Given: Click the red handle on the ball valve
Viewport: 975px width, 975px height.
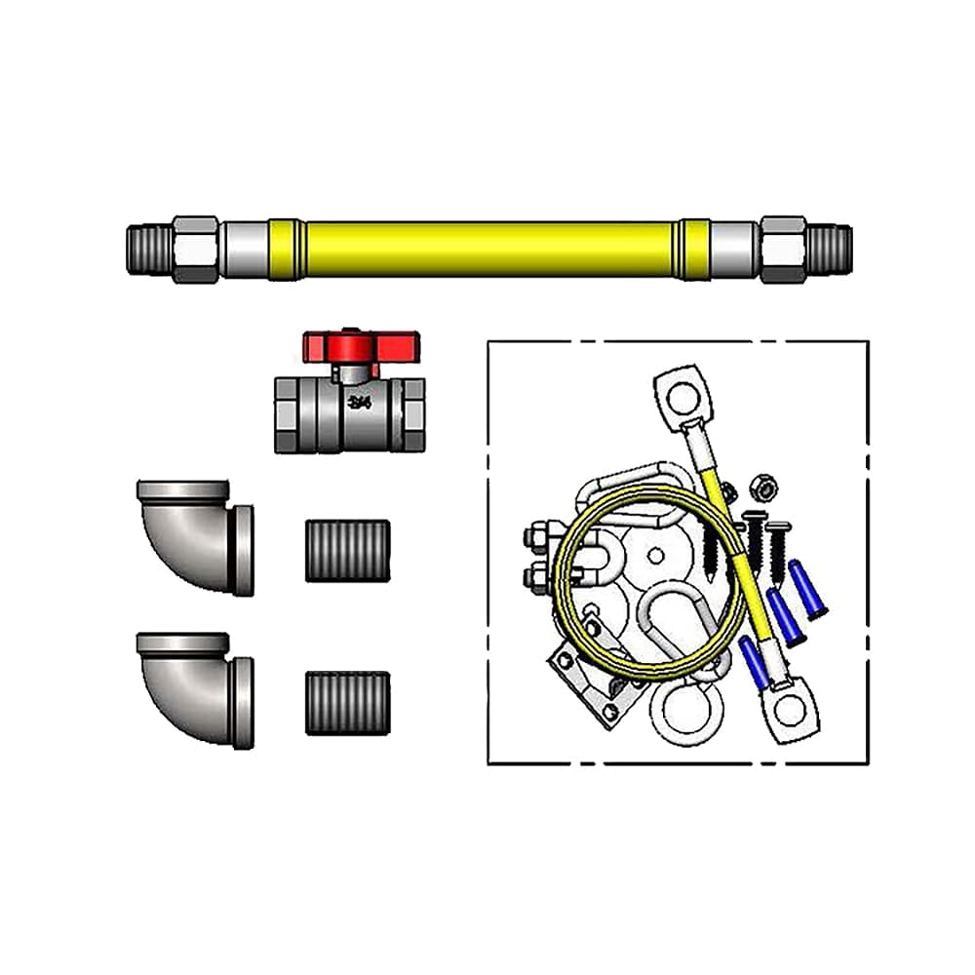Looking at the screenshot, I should click(x=361, y=345).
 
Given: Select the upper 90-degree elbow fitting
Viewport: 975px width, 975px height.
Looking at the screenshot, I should click(x=195, y=534).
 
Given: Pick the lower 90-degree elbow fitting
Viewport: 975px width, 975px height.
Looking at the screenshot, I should click(x=195, y=687).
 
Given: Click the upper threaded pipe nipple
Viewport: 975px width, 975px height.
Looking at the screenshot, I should click(x=348, y=551).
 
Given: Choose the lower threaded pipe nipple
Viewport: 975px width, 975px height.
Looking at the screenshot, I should click(x=348, y=703).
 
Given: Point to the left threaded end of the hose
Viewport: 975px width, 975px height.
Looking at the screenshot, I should click(x=148, y=249).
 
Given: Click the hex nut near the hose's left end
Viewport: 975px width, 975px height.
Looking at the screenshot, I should click(x=195, y=249).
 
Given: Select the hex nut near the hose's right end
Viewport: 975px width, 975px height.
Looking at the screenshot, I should click(x=783, y=249).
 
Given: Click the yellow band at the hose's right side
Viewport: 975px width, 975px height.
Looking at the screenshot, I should click(x=694, y=249).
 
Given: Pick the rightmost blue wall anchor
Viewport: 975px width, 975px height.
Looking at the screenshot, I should click(x=808, y=589).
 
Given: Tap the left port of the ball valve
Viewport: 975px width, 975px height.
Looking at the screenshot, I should click(x=287, y=414).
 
